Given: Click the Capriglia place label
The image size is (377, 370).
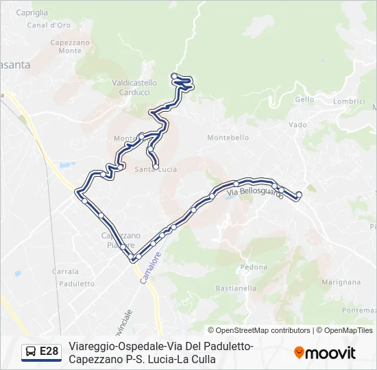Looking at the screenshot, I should pos(31,12).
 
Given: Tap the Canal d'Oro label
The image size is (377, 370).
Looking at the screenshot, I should pos(49,25).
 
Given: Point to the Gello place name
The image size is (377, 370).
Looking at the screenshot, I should pos(304,99).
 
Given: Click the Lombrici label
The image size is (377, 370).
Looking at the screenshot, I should pos(348,101).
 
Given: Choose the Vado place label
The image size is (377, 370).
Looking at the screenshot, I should pos(297,125).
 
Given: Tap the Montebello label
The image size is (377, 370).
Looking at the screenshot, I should pos(228,138).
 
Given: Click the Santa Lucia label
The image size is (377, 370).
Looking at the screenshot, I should pos(156,169).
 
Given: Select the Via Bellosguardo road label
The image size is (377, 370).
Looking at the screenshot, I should pos(254,194).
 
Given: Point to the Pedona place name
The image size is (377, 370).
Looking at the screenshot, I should pos(254,267).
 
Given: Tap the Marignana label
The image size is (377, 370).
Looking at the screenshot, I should pos(341,282).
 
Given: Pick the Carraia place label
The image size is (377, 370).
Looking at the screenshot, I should pos(65,271).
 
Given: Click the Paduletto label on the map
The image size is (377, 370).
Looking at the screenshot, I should pos(77,284).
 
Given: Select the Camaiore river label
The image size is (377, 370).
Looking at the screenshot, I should pos(150,267).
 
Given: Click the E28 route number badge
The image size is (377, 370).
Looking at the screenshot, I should pos(49,351).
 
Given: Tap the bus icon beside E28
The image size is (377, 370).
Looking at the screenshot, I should pos(31,351).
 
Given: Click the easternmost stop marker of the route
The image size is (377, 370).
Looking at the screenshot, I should pos(299,194).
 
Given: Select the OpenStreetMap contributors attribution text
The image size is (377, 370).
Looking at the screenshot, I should pos(259,330).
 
